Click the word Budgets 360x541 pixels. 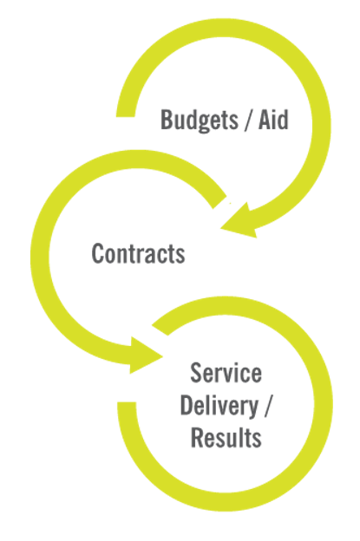click(x=200, y=121)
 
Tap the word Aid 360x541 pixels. click(x=273, y=120)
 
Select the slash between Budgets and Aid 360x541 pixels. click(x=248, y=120)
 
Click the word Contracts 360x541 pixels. click(x=138, y=253)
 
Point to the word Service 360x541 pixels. click(x=226, y=373)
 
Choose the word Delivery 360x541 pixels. click(x=219, y=406)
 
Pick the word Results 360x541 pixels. click(x=226, y=437)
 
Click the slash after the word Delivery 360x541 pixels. click(x=268, y=406)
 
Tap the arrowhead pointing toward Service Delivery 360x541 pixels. click(x=144, y=355)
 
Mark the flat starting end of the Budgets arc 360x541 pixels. click(x=125, y=116)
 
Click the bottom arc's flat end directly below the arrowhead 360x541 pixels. click(x=127, y=403)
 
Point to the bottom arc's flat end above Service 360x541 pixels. click(x=160, y=330)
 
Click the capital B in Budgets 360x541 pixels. click(x=167, y=120)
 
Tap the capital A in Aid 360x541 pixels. click(x=265, y=120)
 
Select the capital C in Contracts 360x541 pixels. click(x=98, y=253)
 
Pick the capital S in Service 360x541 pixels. click(x=196, y=373)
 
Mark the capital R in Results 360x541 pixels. click(x=198, y=437)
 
